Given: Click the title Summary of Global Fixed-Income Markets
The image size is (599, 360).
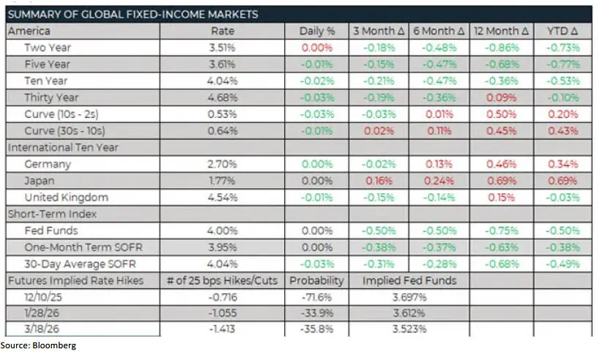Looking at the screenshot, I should (133, 15).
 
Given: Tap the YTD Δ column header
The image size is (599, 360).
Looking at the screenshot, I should (562, 31).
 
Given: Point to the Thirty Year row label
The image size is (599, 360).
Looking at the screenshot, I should (51, 97).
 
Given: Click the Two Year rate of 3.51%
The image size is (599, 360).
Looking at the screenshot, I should (223, 48).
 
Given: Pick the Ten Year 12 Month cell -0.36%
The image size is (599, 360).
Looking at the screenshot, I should (502, 81).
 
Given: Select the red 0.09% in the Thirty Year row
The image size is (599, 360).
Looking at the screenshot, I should (502, 97).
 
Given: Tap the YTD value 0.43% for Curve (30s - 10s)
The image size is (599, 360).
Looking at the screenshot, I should (562, 131).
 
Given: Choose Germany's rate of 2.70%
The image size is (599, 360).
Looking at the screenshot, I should (223, 164).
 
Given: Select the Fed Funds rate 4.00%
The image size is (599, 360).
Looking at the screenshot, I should (223, 230).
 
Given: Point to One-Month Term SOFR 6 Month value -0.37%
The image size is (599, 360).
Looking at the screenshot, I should (440, 247).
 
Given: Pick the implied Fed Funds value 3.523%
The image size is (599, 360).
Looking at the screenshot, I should (409, 329).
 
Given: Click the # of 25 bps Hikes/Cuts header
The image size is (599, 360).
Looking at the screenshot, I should (223, 280).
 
